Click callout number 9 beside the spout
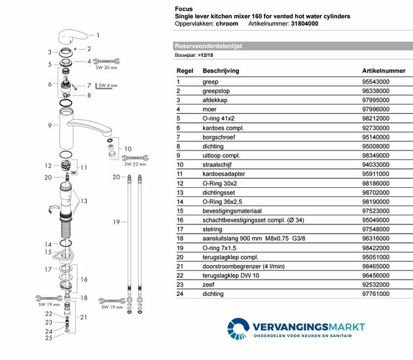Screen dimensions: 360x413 (49, 124)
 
